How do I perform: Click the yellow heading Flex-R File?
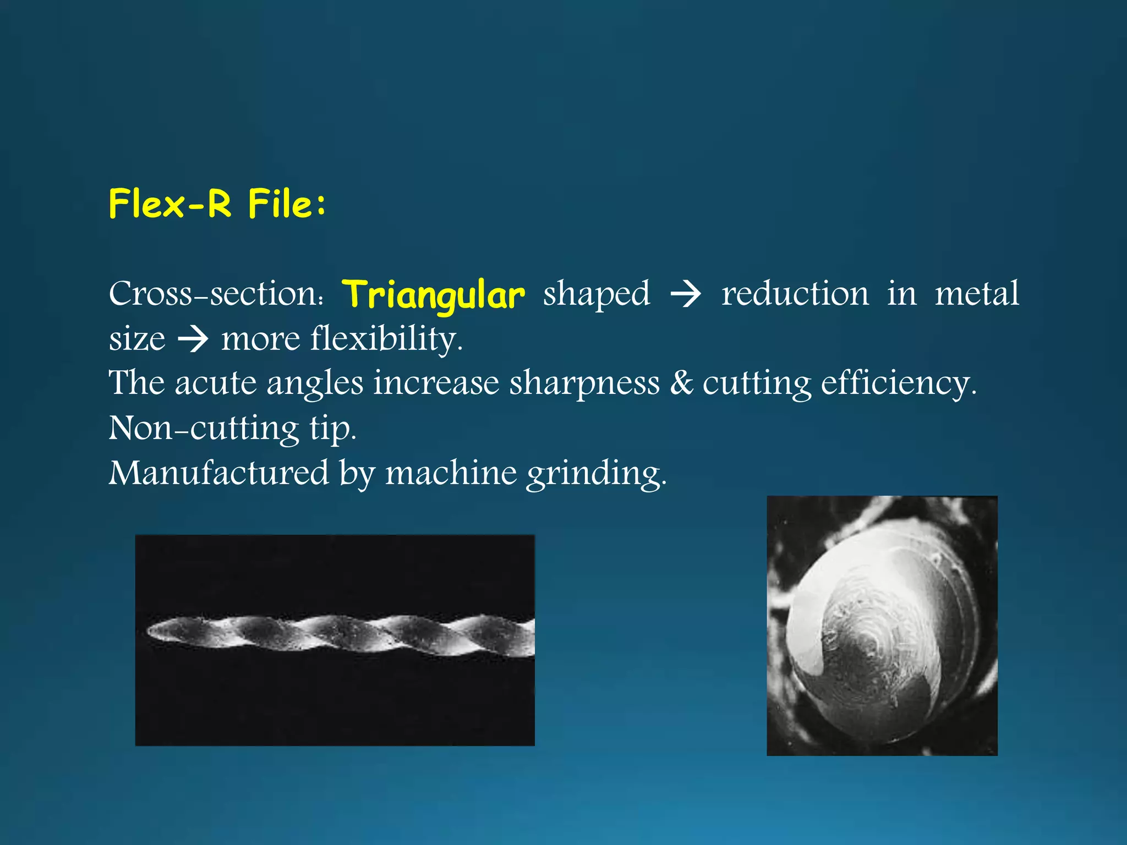217,204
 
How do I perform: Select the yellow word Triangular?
433,295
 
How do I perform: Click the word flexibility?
386,338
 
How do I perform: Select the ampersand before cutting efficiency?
681,383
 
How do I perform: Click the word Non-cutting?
204,428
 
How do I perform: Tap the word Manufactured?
218,473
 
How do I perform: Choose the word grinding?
596,474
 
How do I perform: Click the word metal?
977,294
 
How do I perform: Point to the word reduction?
795,294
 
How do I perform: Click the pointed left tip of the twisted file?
150,632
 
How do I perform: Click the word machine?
451,473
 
